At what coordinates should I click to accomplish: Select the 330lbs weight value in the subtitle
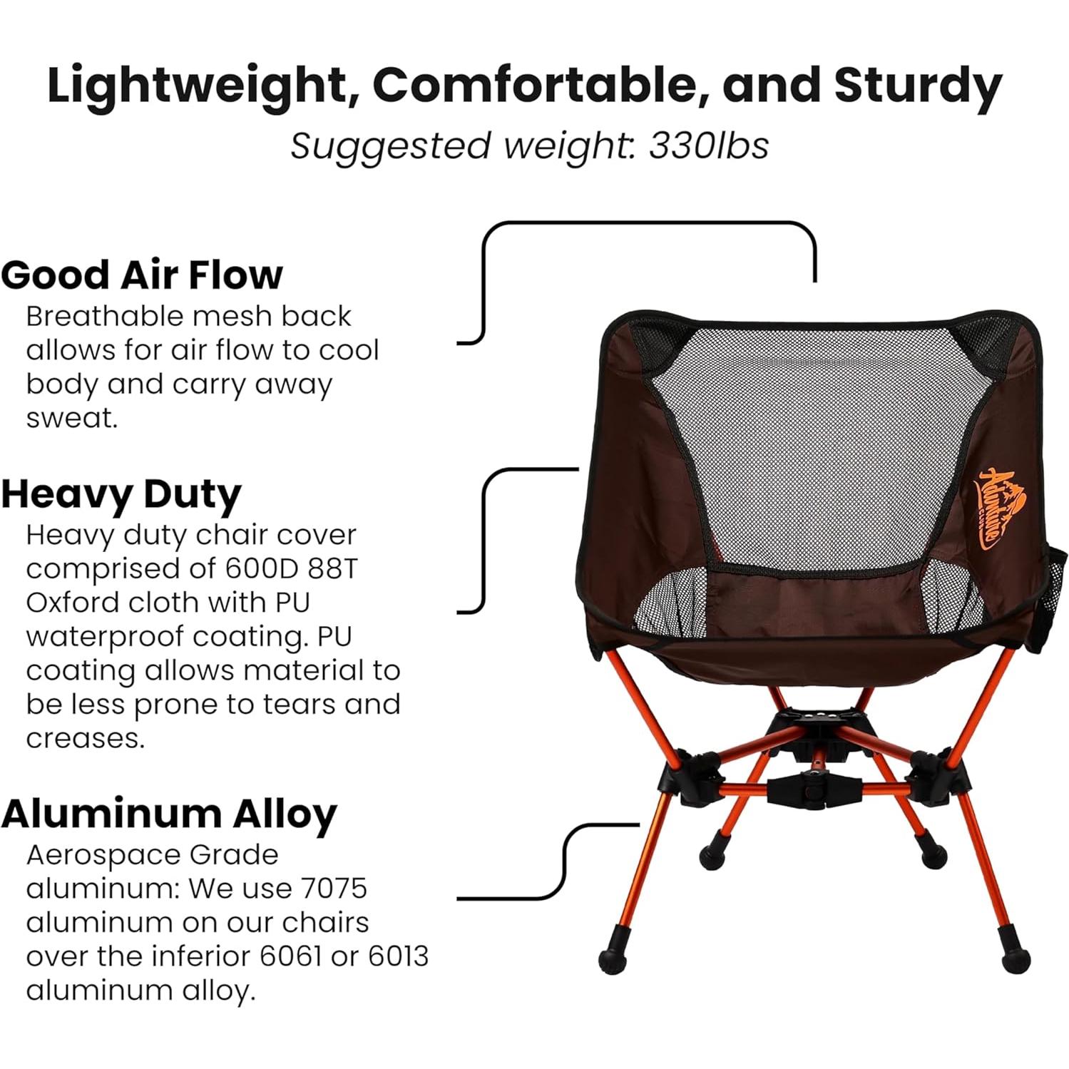tap(709, 146)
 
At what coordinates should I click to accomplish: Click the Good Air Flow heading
tap(142, 275)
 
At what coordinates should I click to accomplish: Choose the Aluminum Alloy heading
tap(169, 814)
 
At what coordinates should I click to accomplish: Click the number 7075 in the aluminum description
tap(334, 889)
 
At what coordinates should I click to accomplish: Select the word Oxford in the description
tap(71, 603)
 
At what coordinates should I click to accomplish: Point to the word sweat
tap(72, 418)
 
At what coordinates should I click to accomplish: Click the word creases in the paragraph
tap(86, 739)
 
